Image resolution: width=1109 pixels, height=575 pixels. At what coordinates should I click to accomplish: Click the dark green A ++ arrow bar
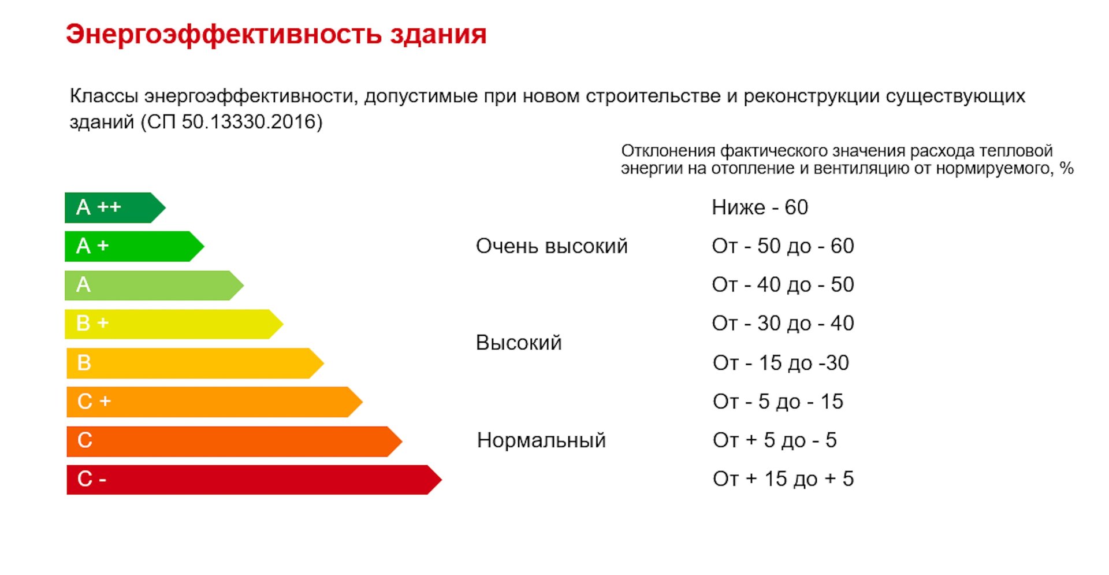114,207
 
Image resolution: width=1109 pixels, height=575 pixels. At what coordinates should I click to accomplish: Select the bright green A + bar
134,246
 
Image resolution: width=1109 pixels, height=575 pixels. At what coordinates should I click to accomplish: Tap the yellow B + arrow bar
173,324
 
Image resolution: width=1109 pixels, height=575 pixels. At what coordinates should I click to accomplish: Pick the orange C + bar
214,402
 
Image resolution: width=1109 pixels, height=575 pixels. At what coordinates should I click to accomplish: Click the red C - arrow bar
254,480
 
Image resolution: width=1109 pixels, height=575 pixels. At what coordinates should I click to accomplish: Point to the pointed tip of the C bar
402,442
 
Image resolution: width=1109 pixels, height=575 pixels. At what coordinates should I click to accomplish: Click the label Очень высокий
552,246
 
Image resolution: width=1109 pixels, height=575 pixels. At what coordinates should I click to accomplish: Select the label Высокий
519,343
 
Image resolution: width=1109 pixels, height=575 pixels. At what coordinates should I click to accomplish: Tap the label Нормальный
541,440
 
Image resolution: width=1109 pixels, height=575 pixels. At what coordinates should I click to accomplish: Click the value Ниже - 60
760,207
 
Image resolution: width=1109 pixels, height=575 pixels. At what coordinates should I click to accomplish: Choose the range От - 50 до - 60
783,246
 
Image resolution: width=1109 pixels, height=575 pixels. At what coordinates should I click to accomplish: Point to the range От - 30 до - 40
783,323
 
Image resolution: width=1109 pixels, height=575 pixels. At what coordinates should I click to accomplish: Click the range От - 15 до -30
781,363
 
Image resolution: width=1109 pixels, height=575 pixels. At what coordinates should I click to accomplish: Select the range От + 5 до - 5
775,440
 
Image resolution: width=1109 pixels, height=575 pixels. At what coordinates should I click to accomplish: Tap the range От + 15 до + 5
783,479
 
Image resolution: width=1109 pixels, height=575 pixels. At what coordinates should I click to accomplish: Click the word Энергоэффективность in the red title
224,35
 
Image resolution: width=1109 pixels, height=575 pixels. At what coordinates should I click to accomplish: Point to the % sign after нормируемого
1067,168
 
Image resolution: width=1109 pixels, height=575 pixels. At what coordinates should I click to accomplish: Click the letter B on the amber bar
84,363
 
